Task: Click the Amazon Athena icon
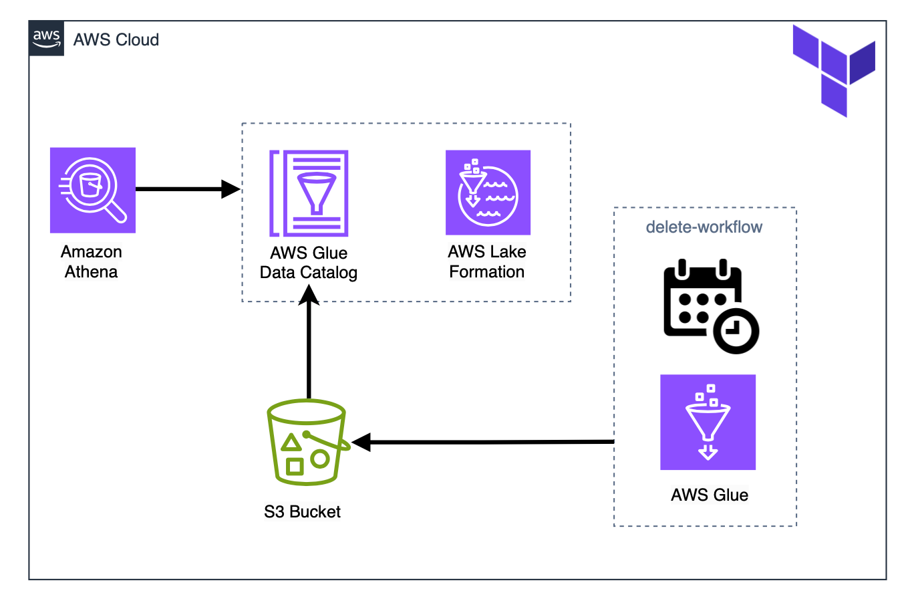[93, 190]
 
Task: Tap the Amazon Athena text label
[92, 262]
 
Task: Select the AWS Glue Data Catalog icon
[309, 193]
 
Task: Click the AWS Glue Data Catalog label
[309, 263]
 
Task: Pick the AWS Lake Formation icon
[488, 193]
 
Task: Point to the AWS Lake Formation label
[487, 262]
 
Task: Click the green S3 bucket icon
[307, 442]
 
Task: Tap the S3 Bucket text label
[302, 512]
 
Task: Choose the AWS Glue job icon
[708, 423]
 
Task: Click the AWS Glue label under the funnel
[710, 495]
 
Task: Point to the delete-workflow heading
[704, 227]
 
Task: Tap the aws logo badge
[47, 38]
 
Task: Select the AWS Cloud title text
[116, 40]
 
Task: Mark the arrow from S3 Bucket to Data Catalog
[309, 348]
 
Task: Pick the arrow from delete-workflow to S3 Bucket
[488, 442]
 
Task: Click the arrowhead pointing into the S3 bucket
[361, 442]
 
